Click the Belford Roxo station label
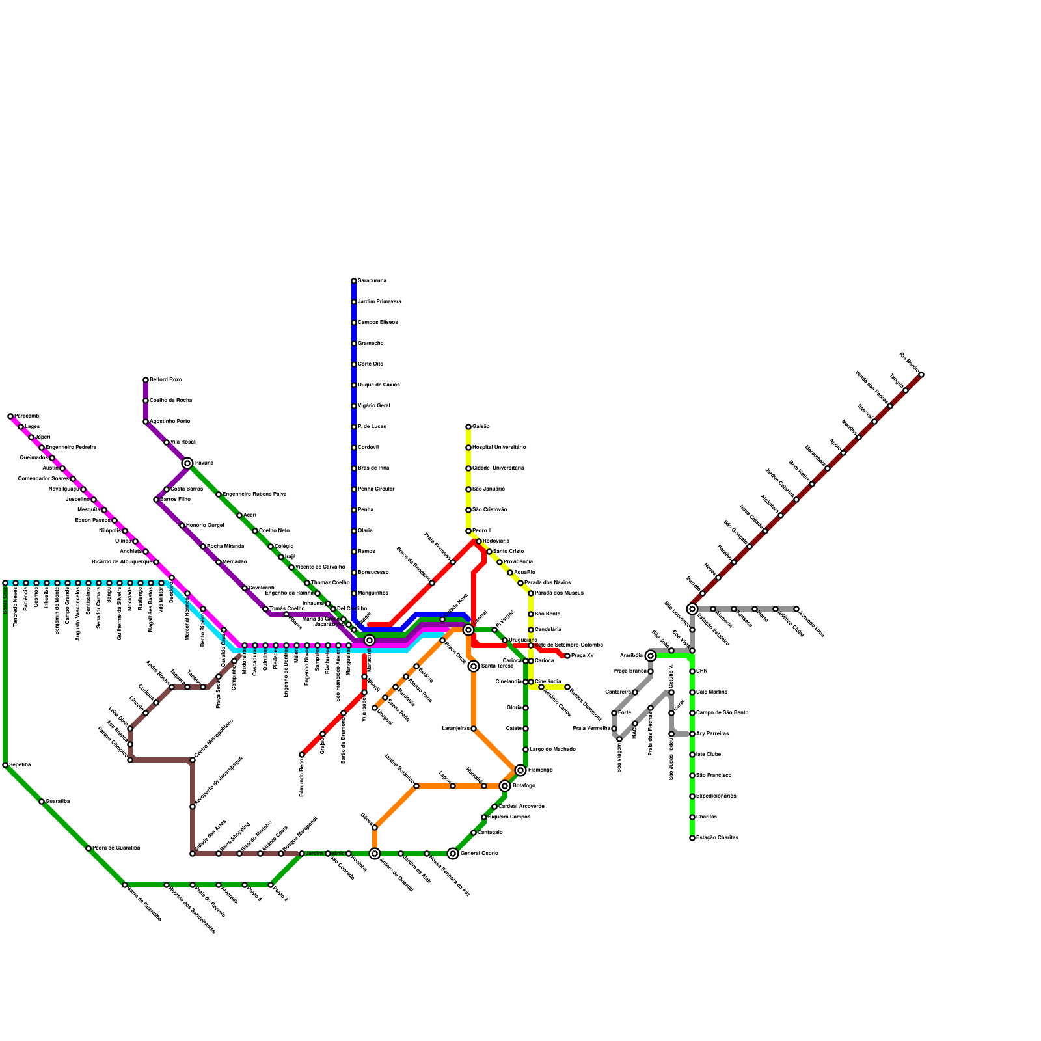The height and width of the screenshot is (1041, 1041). coord(166,379)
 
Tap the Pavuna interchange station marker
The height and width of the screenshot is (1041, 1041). coord(187,463)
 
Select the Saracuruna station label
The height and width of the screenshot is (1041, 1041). coord(372,280)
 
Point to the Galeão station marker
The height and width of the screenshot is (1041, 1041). coord(468,427)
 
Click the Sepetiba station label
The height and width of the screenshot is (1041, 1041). coord(20,764)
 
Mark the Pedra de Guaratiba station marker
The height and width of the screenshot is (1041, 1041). coord(88,848)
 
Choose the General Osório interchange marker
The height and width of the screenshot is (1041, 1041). coord(453,854)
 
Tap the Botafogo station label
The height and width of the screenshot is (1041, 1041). coord(523,785)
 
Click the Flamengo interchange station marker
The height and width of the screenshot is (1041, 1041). coord(520,770)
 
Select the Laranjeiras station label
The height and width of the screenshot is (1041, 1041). coord(455,728)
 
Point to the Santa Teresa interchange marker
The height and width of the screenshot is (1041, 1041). coord(474,666)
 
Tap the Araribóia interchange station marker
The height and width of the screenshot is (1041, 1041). coord(651,656)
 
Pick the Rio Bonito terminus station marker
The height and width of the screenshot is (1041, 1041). coord(921,375)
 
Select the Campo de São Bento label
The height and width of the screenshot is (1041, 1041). coord(722,712)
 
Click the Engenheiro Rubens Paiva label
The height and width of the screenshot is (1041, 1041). coord(254,494)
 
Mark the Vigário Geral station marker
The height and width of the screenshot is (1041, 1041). coord(354,406)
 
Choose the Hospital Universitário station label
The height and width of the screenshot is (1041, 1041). coord(499,447)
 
